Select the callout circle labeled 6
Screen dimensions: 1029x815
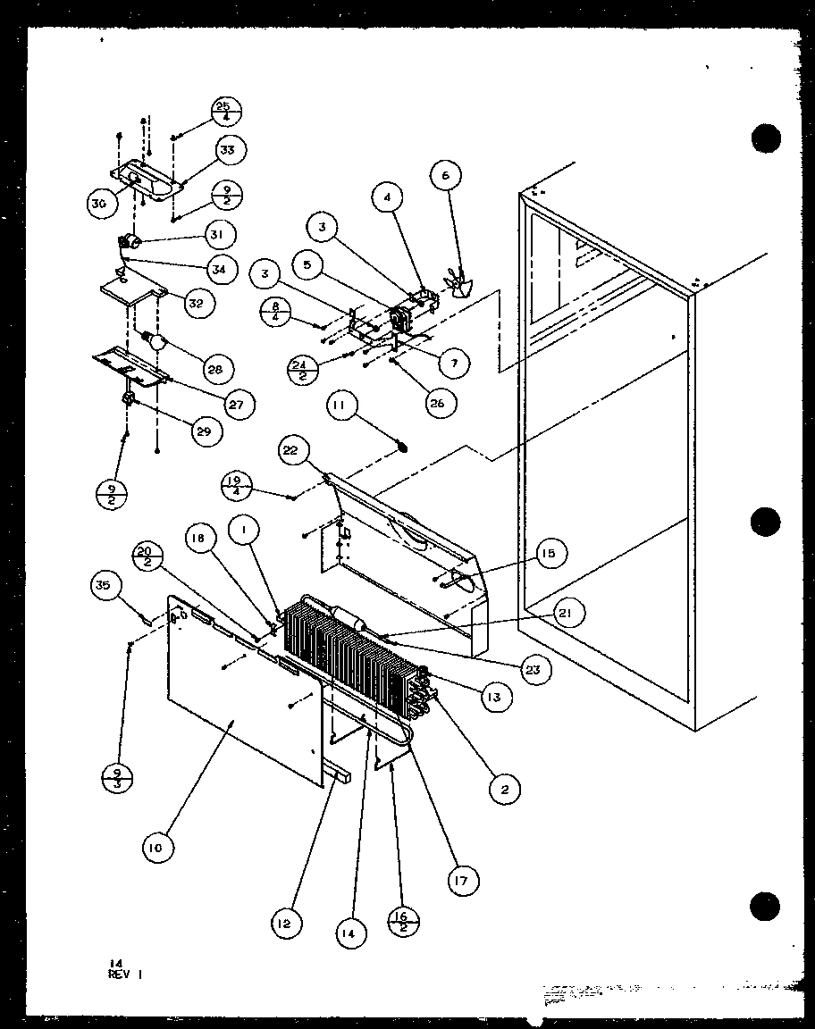coord(446,176)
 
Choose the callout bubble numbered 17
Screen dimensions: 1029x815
coord(462,879)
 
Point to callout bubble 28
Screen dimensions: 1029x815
coord(215,369)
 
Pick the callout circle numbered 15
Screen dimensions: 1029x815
coord(549,555)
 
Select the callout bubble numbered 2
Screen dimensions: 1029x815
coord(505,789)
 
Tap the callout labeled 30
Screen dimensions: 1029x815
coord(99,204)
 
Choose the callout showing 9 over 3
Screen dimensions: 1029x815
coord(116,775)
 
